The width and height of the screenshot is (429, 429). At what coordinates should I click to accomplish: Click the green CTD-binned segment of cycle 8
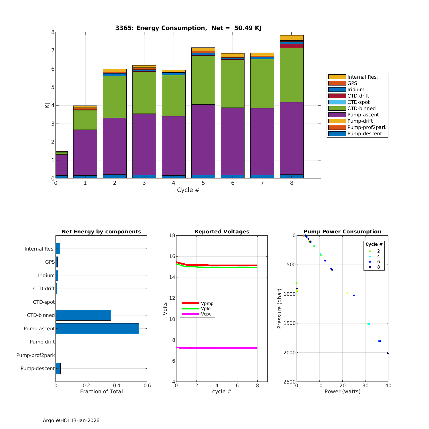click(x=291, y=75)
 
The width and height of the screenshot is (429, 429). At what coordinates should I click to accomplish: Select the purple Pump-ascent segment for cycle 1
click(x=85, y=152)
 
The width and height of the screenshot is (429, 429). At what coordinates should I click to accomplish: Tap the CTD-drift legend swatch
click(x=337, y=96)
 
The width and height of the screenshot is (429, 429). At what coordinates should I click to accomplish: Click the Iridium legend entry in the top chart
click(x=355, y=90)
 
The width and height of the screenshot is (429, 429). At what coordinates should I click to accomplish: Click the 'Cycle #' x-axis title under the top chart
click(x=188, y=190)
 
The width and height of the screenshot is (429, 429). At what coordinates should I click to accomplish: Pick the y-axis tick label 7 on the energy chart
click(x=53, y=51)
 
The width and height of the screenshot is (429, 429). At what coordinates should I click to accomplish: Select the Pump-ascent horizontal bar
click(x=97, y=329)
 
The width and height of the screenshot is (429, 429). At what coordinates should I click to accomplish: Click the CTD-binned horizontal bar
click(x=83, y=315)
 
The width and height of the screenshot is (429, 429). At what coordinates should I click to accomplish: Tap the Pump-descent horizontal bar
click(x=58, y=368)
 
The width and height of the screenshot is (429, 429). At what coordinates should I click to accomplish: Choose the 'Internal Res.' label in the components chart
click(x=39, y=249)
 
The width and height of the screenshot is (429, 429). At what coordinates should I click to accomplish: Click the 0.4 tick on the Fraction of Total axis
click(x=117, y=386)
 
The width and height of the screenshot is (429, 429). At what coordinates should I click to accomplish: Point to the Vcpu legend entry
click(x=206, y=314)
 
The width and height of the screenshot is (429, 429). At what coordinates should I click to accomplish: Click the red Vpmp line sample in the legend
click(x=190, y=303)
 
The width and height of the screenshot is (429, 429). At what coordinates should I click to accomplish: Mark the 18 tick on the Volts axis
click(x=172, y=236)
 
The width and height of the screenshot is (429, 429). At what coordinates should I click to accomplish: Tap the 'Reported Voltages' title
click(x=222, y=232)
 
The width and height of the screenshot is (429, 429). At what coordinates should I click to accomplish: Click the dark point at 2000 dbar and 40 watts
click(x=388, y=353)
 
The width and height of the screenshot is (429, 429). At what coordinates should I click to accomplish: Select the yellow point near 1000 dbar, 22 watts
click(x=347, y=293)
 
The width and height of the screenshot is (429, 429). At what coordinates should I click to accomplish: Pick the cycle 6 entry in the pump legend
click(x=378, y=262)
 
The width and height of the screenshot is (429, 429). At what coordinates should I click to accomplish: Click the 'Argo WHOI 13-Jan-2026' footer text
click(x=71, y=420)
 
